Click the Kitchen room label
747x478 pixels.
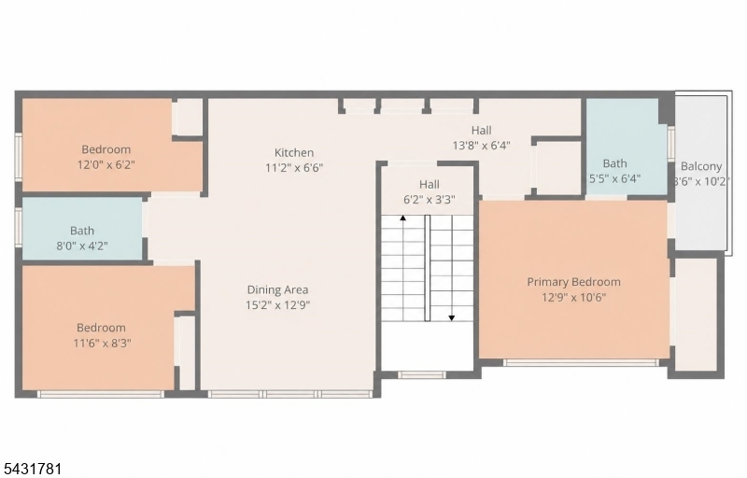coord(294,152)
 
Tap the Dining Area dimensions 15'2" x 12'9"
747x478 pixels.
coord(277,304)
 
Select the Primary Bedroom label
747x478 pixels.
coord(573,282)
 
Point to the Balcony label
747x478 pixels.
coord(701,166)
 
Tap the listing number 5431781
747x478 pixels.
coord(32,469)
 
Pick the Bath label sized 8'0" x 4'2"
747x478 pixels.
coord(82,231)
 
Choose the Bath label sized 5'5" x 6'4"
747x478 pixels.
coord(614,163)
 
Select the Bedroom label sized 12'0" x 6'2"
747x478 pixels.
coord(106,149)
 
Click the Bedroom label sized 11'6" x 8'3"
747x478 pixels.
coord(101,328)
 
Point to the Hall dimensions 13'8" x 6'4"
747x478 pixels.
coord(481,146)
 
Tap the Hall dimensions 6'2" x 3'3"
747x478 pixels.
coord(430,200)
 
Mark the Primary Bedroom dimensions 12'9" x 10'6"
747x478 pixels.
coord(573,298)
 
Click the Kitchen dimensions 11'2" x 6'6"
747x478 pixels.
coord(294,168)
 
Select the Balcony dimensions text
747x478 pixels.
coord(701,181)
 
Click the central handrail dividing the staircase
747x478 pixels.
coord(428,268)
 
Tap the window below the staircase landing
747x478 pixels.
coord(422,374)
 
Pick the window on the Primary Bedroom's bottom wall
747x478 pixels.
coord(581,363)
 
